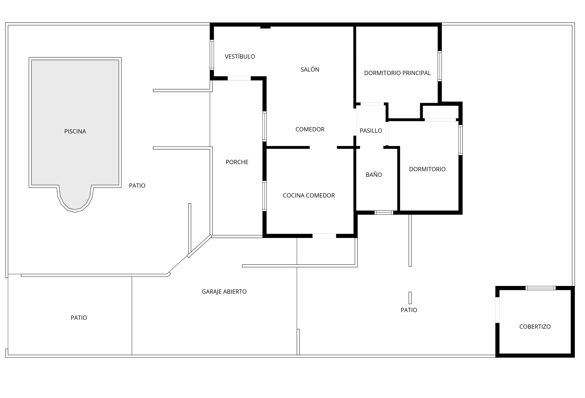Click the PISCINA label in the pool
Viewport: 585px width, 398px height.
(75, 131)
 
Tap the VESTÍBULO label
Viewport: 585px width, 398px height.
(240, 56)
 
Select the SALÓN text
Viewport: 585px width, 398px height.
(310, 69)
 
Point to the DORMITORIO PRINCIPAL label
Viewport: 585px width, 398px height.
(397, 73)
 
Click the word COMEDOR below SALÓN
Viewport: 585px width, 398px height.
(310, 129)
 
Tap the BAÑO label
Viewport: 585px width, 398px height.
(373, 175)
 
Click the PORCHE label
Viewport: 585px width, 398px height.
(237, 162)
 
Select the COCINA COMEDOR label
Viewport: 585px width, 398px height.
(309, 195)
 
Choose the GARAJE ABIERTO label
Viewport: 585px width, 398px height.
(224, 292)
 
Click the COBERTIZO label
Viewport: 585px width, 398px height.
(535, 327)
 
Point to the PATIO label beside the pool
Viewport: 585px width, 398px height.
(137, 186)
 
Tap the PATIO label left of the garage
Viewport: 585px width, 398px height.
(79, 318)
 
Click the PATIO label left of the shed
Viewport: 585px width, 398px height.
(409, 310)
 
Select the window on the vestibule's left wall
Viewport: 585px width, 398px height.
(212, 55)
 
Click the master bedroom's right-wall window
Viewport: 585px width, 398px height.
(439, 66)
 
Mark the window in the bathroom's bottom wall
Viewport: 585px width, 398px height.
(384, 212)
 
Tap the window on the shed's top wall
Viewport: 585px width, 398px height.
(541, 288)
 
